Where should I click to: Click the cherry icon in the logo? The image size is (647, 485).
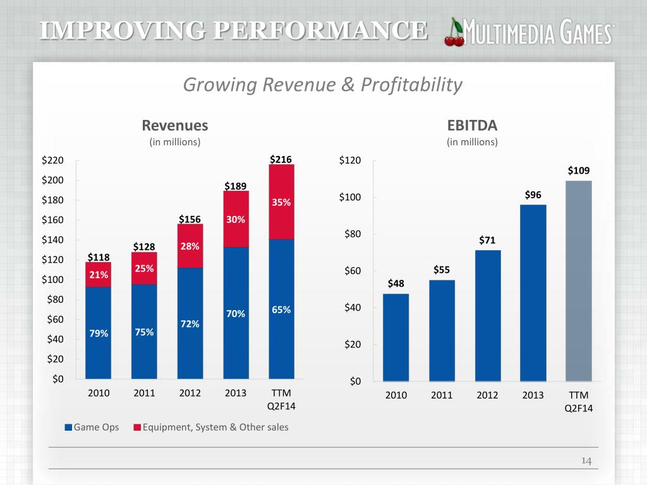[455, 33]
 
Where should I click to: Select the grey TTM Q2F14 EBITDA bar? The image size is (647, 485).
[579, 281]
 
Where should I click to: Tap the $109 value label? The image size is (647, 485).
[579, 171]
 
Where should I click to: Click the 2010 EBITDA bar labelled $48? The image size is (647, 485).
[396, 337]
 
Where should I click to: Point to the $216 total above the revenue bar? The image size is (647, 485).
[281, 160]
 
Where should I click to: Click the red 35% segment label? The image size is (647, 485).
[281, 203]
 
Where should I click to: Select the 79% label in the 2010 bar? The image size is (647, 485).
[99, 334]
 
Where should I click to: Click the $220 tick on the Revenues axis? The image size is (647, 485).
[53, 161]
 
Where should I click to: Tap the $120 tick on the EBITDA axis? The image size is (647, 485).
[351, 161]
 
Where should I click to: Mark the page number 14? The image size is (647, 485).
[586, 462]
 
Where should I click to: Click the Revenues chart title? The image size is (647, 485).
[174, 125]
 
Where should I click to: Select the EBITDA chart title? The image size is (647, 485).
[472, 125]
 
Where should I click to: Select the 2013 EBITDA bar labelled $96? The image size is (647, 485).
[533, 293]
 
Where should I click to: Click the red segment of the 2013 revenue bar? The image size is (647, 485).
[236, 219]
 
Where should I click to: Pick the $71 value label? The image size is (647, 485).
[488, 240]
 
